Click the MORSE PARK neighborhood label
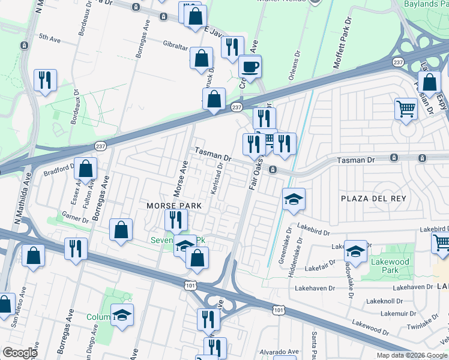click(173, 206)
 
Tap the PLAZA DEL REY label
click(373, 199)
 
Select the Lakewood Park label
click(390, 266)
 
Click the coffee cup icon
click(250, 66)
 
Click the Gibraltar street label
click(176, 44)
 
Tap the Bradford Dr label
click(58, 170)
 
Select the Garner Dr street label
click(75, 217)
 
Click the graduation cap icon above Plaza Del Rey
click(294, 200)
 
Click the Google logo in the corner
click(20, 353)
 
